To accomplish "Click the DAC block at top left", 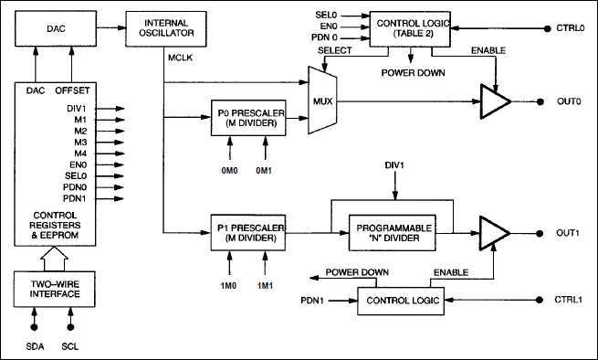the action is pyautogui.click(x=56, y=28).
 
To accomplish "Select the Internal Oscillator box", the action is pyautogui.click(x=166, y=28).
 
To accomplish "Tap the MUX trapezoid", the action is pyautogui.click(x=322, y=101).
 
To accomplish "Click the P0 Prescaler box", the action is pyautogui.click(x=248, y=118).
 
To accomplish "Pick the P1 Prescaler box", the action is pyautogui.click(x=248, y=232).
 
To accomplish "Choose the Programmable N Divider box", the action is pyautogui.click(x=393, y=233).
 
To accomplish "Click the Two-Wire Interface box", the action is pyautogui.click(x=55, y=289).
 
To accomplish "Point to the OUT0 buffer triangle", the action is pyautogui.click(x=496, y=101).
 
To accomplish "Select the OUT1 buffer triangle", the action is pyautogui.click(x=495, y=233).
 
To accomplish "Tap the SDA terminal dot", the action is pyautogui.click(x=35, y=327).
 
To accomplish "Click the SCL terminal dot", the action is pyautogui.click(x=70, y=327).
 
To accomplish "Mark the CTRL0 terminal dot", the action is pyautogui.click(x=547, y=28).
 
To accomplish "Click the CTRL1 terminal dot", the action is pyautogui.click(x=540, y=300).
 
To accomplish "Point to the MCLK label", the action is pyautogui.click(x=181, y=58).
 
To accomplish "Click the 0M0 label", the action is pyautogui.click(x=229, y=171).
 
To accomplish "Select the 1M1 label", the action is pyautogui.click(x=265, y=286).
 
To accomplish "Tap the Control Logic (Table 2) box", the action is pyautogui.click(x=410, y=28).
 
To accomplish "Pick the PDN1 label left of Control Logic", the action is pyautogui.click(x=312, y=301).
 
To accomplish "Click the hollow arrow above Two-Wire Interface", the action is pyautogui.click(x=55, y=259).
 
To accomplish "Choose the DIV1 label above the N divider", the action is pyautogui.click(x=394, y=165).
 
